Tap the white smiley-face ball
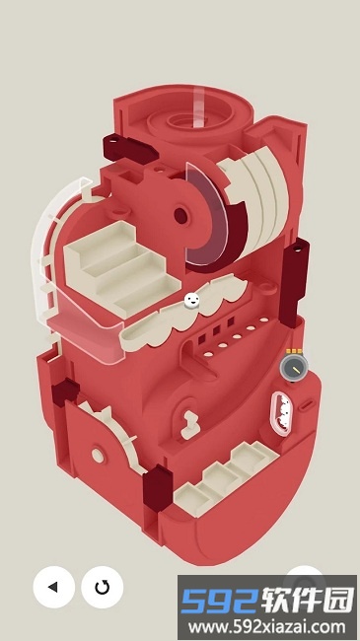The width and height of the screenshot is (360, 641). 192,301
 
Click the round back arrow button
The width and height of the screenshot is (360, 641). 53,587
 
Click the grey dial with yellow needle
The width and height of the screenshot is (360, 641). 294,366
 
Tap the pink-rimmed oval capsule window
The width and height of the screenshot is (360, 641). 281,414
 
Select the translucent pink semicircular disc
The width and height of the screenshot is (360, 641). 204,215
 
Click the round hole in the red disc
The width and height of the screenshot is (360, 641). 180,215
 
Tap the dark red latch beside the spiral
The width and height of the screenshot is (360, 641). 129,149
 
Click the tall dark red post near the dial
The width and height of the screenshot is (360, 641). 295,282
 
